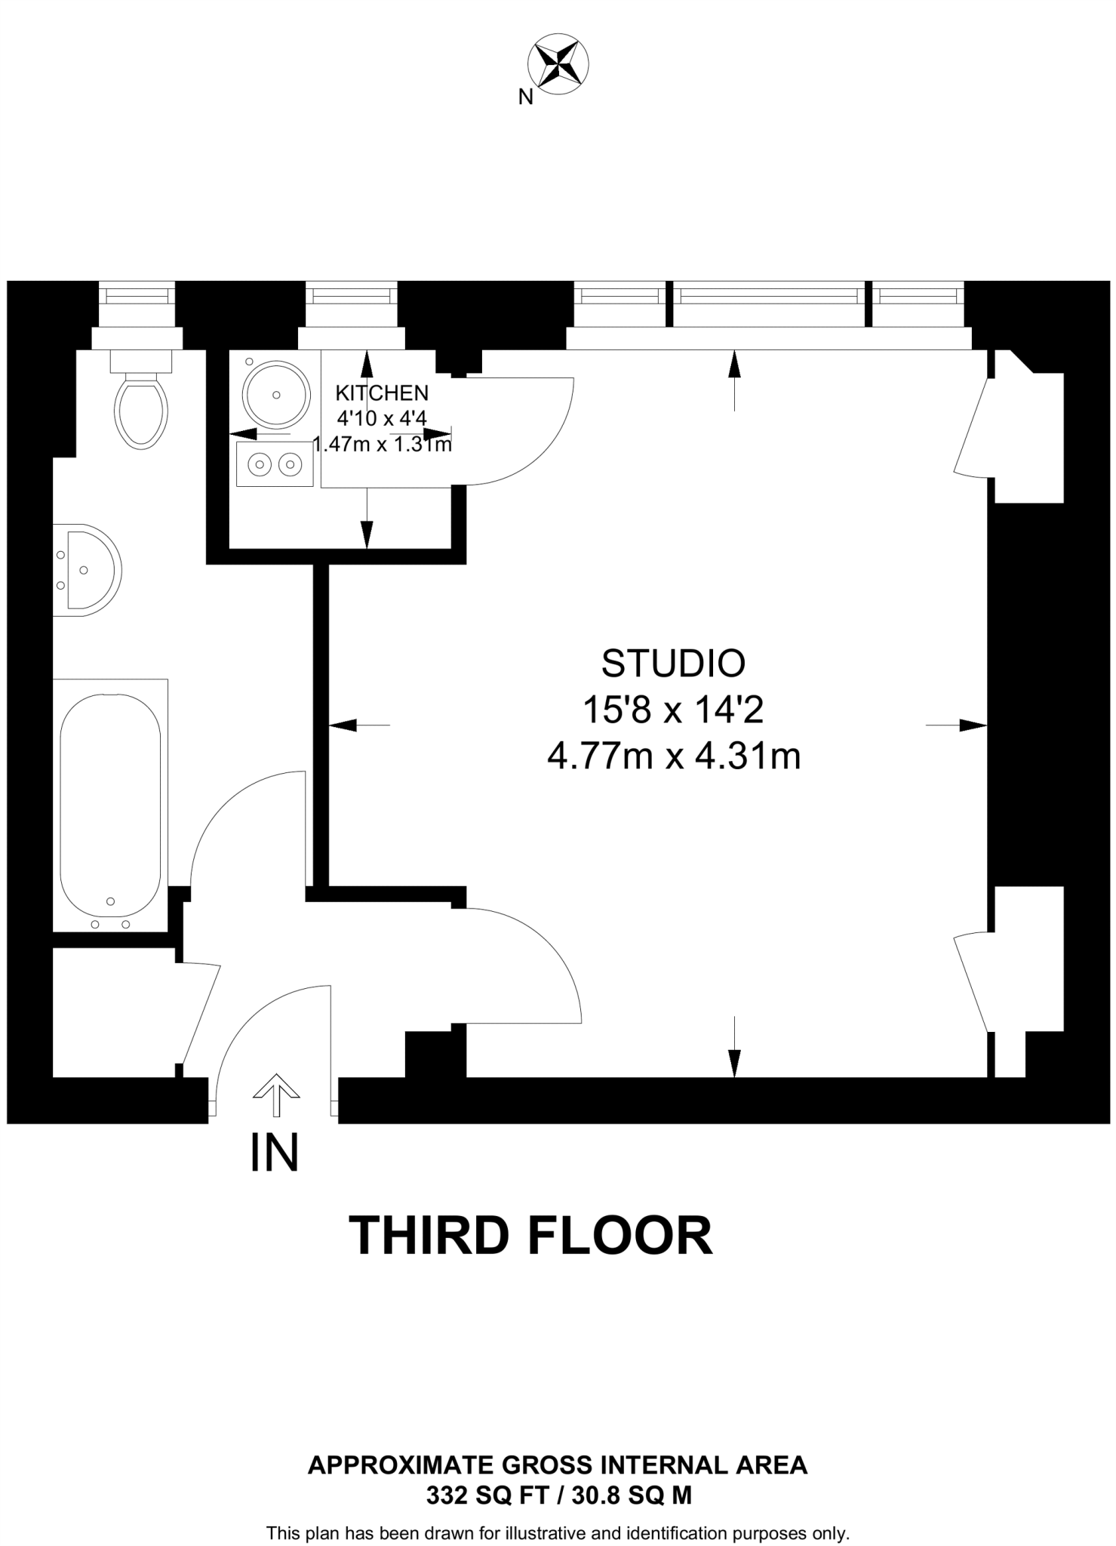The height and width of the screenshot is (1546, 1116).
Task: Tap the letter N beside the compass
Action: (x=526, y=97)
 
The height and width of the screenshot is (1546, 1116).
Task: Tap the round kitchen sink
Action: (x=276, y=395)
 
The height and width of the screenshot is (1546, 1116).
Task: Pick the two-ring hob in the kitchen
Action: (x=275, y=464)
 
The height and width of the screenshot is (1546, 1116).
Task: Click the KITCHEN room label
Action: (x=382, y=393)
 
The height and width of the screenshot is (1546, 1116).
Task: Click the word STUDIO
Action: (x=673, y=664)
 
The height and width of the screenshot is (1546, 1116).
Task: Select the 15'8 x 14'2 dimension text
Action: (x=673, y=710)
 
